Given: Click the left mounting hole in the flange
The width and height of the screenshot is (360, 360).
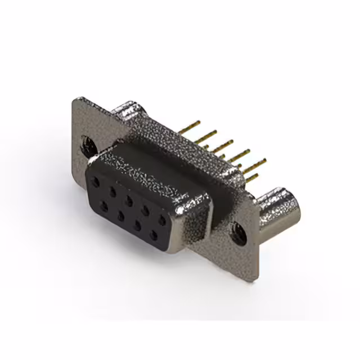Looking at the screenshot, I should tap(89, 146).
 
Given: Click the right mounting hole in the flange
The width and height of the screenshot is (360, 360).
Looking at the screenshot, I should tap(240, 232).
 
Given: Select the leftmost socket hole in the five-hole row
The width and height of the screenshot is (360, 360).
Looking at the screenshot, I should tap(97, 182).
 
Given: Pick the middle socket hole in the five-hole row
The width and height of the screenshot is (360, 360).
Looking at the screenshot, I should tap(129, 200).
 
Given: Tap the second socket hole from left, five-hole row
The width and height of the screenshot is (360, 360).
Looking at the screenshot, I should tap(113, 191).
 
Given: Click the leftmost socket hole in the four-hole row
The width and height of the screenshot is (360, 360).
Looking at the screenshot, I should tap(103, 206).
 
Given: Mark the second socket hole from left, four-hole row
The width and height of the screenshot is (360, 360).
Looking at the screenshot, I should tap(120, 215).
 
